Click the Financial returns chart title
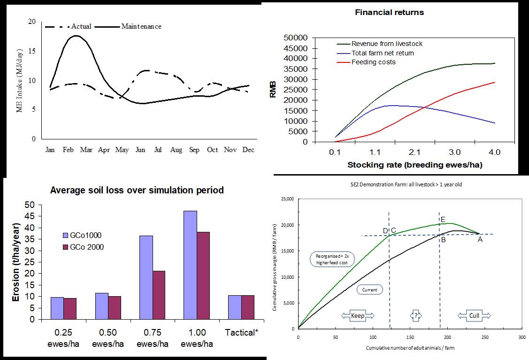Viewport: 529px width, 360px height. [389, 13]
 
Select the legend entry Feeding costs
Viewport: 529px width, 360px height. [373, 62]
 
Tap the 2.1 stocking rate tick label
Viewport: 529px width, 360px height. [415, 153]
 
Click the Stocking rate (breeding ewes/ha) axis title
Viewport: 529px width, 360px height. [414, 165]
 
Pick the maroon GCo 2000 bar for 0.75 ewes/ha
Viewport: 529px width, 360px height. [159, 295]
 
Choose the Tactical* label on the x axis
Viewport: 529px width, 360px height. [242, 333]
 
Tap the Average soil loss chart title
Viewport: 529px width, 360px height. [137, 191]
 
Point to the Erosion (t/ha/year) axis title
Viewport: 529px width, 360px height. [15, 262]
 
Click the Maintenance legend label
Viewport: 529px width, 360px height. [141, 26]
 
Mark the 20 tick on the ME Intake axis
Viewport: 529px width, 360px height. [31, 22]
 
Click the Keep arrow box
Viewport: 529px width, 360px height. [358, 315]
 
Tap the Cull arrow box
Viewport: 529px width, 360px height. [474, 315]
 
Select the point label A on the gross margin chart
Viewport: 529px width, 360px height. [480, 239]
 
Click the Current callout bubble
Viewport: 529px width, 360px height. [370, 290]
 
